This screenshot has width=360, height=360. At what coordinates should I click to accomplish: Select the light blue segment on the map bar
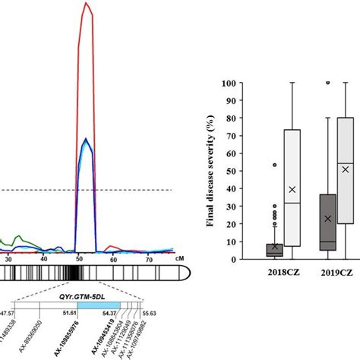click(x=103, y=305)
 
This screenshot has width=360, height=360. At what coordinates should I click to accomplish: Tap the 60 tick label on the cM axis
click(x=112, y=259)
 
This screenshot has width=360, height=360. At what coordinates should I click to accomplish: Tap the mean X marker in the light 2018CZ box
click(x=292, y=189)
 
